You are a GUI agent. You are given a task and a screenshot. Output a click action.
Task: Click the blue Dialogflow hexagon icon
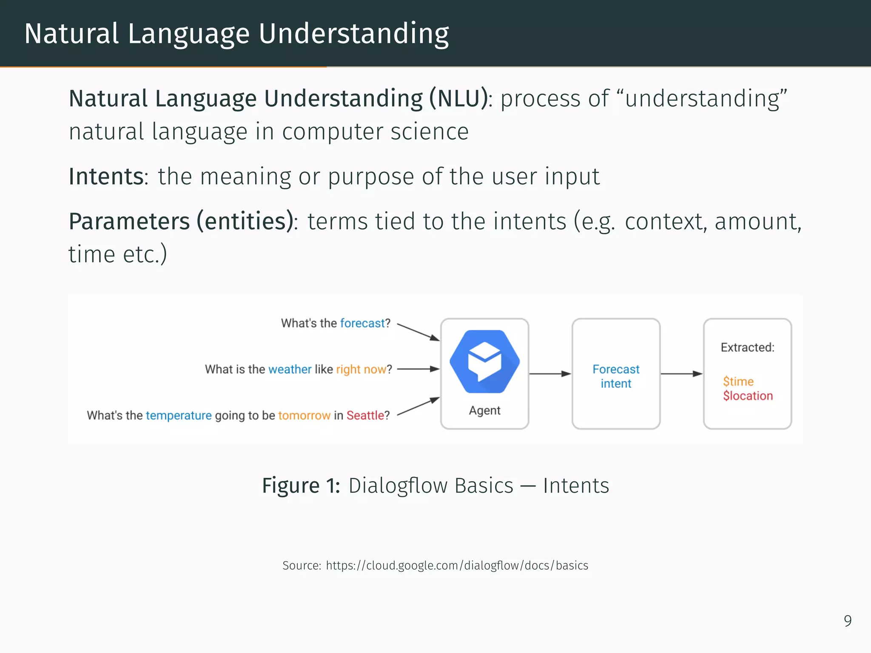tap(484, 361)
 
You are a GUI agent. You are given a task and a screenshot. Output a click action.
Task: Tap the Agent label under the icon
tap(484, 410)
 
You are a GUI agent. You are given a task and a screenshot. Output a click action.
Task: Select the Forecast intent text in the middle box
tap(616, 376)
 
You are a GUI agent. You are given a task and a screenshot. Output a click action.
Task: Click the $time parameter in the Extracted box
tap(738, 381)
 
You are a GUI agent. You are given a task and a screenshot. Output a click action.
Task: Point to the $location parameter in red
tap(748, 396)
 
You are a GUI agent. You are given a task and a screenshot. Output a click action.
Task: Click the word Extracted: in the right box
tap(747, 347)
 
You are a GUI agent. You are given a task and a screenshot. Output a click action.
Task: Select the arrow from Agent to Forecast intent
tap(550, 374)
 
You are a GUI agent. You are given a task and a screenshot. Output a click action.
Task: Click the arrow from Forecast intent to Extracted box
tap(681, 374)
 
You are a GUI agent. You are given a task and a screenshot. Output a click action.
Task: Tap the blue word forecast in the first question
tap(362, 323)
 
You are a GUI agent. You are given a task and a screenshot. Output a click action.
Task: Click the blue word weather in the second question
tap(290, 369)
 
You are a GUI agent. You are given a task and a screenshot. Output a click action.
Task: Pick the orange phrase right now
tap(361, 369)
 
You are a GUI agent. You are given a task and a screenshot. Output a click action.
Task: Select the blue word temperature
tap(179, 415)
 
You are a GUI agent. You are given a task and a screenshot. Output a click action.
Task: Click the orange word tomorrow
tap(304, 415)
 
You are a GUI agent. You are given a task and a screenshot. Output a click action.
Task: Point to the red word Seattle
tap(365, 415)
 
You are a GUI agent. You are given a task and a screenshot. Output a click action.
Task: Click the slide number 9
tap(847, 621)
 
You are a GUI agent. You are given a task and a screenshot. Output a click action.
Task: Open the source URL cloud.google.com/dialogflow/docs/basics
tap(457, 565)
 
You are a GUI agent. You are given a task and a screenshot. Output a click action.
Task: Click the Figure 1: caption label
tap(301, 485)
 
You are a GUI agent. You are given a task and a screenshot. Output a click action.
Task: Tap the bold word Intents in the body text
tap(106, 176)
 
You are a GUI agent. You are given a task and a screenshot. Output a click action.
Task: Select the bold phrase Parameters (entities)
tap(181, 221)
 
